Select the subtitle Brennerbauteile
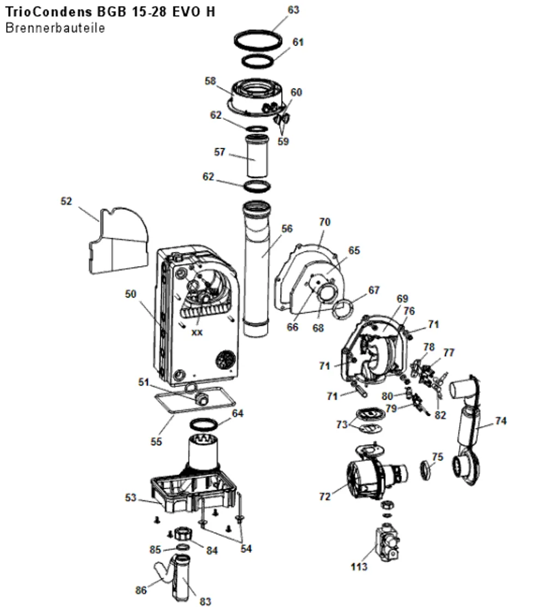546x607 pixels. (x=55, y=28)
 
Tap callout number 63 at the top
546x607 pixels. (x=293, y=10)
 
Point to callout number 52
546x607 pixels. (x=66, y=201)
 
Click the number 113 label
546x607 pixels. (x=359, y=567)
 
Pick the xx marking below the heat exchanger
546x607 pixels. (x=197, y=333)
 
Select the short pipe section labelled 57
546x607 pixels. (x=257, y=155)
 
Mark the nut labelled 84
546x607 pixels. (x=183, y=535)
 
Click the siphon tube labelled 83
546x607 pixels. (x=183, y=577)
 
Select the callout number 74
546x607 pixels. (x=501, y=421)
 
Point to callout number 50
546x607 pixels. (x=131, y=294)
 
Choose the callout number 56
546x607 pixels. (x=287, y=229)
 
